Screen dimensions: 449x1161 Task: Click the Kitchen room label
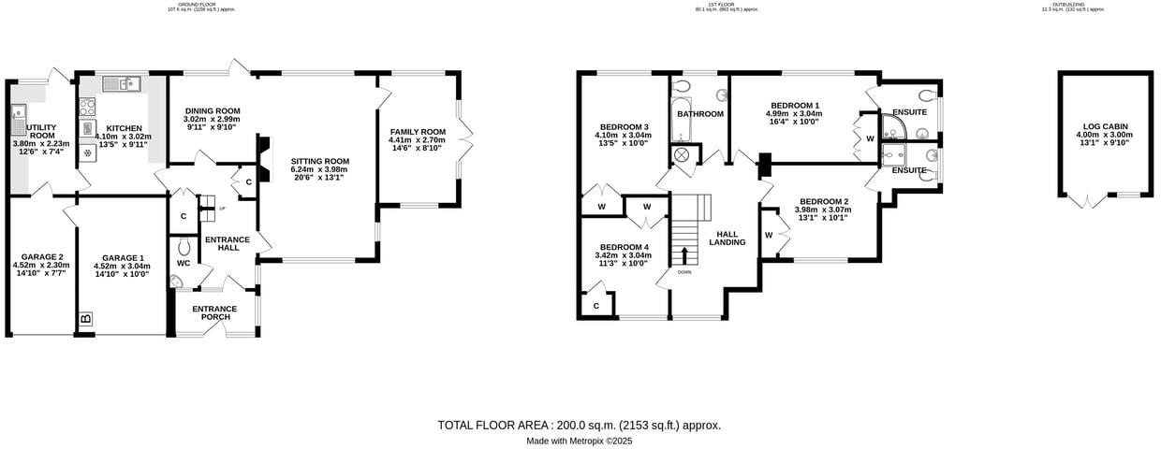124,128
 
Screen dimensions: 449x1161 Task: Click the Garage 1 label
123,257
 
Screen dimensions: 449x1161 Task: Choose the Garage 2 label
42,257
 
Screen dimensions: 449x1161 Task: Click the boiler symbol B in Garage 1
86,320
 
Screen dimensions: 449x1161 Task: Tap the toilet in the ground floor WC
184,246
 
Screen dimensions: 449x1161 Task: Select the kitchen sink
120,84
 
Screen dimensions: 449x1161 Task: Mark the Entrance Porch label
214,309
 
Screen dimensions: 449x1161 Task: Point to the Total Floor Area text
579,425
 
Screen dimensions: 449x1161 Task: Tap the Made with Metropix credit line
579,441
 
